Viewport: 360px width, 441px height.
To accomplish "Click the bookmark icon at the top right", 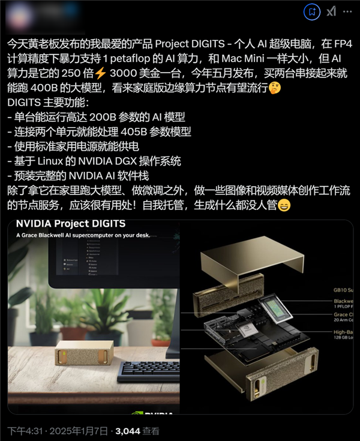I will [x=311, y=11].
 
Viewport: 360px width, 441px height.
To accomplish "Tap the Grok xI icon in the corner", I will [x=331, y=11].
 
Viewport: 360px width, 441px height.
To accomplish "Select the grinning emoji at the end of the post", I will [x=284, y=206].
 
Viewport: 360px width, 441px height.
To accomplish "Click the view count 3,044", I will [x=127, y=431].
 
